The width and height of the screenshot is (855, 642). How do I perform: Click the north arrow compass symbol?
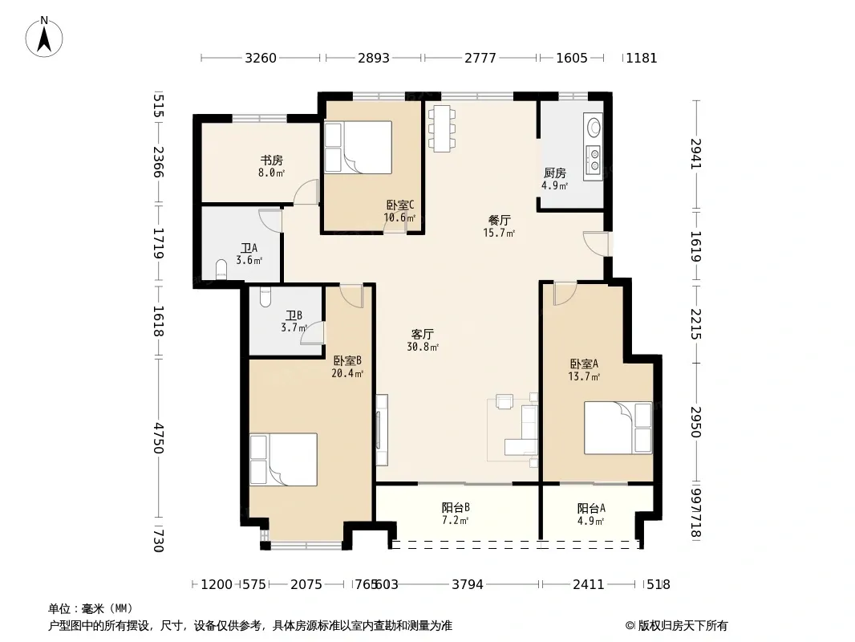click(x=44, y=37)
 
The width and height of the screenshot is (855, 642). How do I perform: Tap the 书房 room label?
click(x=272, y=160)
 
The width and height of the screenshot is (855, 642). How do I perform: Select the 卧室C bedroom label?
click(x=400, y=205)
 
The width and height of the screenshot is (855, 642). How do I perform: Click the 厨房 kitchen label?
click(x=555, y=173)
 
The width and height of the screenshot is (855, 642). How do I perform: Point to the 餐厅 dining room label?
click(x=499, y=221)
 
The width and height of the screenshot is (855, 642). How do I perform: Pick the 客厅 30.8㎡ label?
click(x=423, y=339)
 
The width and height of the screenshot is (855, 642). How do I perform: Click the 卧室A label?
click(x=584, y=364)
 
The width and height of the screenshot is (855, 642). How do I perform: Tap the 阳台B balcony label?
click(x=456, y=508)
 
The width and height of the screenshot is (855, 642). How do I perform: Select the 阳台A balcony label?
click(x=591, y=508)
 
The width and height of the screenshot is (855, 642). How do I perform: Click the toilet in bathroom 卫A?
click(x=221, y=270)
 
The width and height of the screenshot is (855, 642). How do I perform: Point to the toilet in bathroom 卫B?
click(x=265, y=295)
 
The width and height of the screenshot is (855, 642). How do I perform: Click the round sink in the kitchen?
click(x=594, y=128)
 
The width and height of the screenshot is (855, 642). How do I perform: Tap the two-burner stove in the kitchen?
click(x=593, y=159)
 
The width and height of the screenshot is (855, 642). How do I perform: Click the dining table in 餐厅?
click(x=442, y=128)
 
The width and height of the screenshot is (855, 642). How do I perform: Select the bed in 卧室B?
click(x=284, y=459)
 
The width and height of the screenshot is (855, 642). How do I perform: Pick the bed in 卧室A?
click(x=618, y=428)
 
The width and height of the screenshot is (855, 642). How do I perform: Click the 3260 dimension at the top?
click(x=261, y=58)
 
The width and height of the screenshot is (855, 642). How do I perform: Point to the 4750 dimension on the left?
click(x=158, y=438)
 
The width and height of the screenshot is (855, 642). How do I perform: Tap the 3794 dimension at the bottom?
click(x=468, y=585)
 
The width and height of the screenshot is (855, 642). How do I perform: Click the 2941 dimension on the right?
click(x=695, y=154)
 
